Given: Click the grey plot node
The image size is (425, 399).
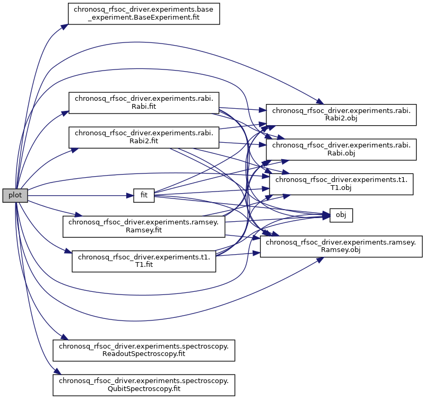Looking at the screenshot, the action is tap(15, 195).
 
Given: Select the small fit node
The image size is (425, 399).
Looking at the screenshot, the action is tap(144, 195).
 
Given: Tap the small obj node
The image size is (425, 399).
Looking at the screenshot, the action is tap(341, 215).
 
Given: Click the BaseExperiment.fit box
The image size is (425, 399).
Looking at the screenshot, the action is tap(144, 14).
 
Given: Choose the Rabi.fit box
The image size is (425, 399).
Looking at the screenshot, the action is tap(144, 103).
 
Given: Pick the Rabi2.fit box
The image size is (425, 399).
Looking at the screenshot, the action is tap(144, 137).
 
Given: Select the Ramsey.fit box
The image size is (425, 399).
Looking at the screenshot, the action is tap(144, 227).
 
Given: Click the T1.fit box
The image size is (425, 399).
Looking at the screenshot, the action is tap(144, 261).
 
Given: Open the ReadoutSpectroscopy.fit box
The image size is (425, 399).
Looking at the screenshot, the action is tap(144, 351).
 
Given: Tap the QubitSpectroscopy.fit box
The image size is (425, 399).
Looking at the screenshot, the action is tap(144, 385).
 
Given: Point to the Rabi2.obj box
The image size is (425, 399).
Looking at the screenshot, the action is tap(341, 115).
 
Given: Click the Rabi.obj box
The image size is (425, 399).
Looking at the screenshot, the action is tap(341, 149).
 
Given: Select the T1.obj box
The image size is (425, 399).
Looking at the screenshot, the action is tap(341, 184).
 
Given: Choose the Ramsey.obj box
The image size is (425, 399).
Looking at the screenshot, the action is tap(341, 246).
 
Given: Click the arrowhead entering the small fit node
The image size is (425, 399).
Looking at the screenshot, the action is tap(130, 195).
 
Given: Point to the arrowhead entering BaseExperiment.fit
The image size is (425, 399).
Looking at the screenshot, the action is tap(65, 27).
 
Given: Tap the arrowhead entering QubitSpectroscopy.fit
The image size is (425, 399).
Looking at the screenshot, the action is tap(56, 371).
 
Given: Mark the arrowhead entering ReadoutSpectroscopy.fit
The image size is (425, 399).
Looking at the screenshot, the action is tap(64, 337).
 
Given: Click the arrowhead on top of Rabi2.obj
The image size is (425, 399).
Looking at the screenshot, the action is tap(320, 102).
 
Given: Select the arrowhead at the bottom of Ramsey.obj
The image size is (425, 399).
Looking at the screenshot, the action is tap(320, 259).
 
